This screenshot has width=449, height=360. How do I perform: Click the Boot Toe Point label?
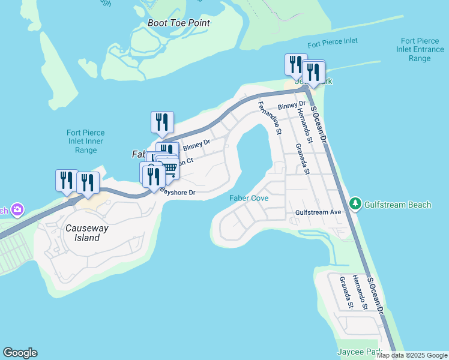(x=179, y=23)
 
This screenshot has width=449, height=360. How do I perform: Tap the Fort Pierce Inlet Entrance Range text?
(x=420, y=50)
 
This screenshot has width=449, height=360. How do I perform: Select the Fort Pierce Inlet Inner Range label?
(x=86, y=141)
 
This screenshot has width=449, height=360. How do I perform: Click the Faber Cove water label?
(x=249, y=198)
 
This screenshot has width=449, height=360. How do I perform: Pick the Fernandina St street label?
(x=269, y=118)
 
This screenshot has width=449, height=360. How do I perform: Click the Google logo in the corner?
(x=20, y=353)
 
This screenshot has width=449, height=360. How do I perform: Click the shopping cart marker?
(x=170, y=170)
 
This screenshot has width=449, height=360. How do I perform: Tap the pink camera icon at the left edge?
(x=17, y=209)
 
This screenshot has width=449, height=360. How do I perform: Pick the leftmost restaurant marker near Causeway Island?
(x=66, y=180)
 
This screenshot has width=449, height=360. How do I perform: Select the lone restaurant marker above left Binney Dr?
(x=162, y=122)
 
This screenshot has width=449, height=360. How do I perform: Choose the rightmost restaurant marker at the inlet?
(x=313, y=72)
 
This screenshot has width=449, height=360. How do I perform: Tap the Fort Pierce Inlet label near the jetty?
(x=332, y=43)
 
